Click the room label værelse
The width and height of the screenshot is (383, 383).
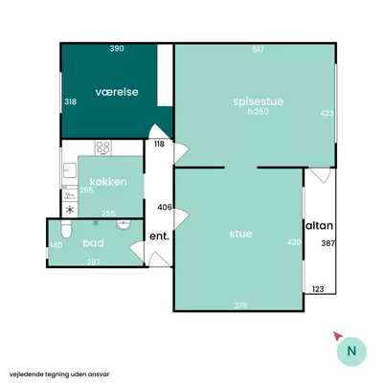[117, 92]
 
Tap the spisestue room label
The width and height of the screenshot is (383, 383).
[259, 101]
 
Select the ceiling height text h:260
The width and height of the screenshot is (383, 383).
[258, 112]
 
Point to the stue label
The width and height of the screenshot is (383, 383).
[240, 234]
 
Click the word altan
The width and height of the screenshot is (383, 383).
[320, 226]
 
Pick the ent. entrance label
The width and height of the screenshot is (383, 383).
[159, 237]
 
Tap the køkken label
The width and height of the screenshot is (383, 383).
[108, 182]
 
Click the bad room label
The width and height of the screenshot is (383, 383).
[93, 243]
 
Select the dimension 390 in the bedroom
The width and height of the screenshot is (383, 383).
[117, 49]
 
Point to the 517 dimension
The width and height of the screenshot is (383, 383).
[259, 50]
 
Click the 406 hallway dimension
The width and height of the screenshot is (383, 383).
[165, 208]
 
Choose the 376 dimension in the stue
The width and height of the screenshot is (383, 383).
[240, 305]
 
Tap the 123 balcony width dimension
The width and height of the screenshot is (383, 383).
[318, 289]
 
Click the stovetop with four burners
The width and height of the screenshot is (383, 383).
[103, 147]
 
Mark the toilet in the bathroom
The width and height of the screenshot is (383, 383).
[66, 229]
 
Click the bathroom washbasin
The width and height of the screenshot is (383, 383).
[124, 225]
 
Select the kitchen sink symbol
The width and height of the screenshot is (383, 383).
[70, 170]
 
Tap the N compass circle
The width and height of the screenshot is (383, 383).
[351, 351]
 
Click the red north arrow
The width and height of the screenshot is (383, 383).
[338, 336]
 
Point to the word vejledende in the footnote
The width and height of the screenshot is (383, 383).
[24, 374]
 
